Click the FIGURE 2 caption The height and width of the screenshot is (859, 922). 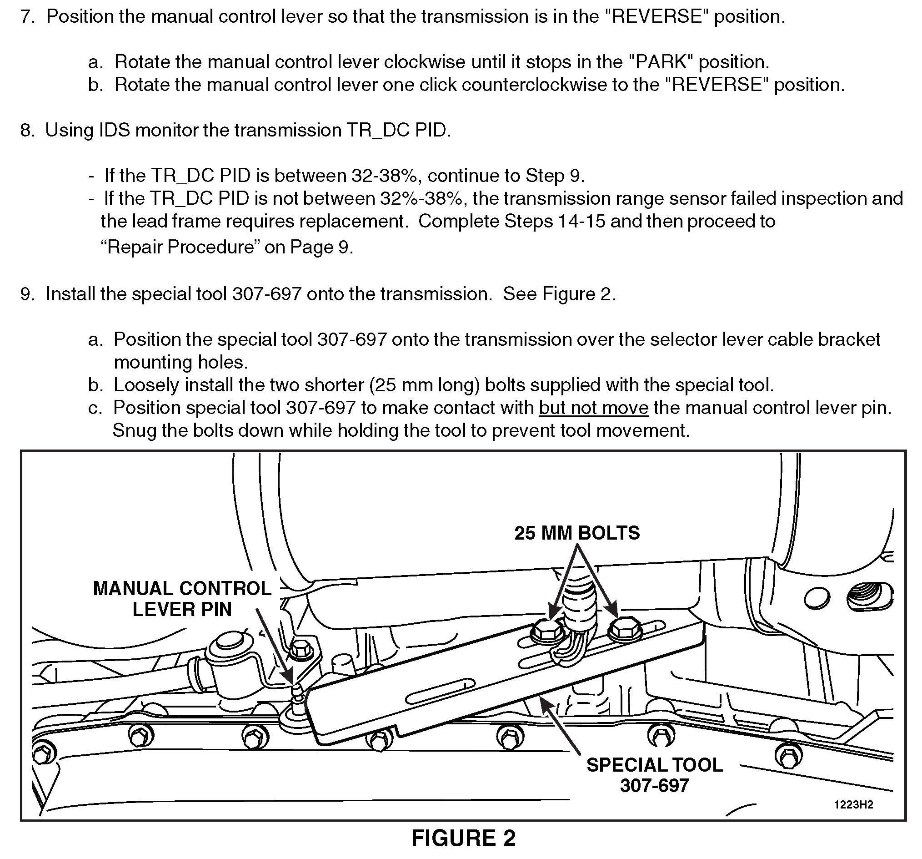point(463,838)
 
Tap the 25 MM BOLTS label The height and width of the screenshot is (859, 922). point(576,533)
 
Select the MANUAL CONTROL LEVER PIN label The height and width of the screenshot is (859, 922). point(182,599)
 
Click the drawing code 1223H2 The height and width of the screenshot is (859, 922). point(853,804)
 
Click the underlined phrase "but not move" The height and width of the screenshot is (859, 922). point(593,408)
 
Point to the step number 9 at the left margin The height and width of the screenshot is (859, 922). point(27,294)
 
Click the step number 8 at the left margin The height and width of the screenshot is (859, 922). point(27,130)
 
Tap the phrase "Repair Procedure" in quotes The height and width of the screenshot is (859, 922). point(180,247)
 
